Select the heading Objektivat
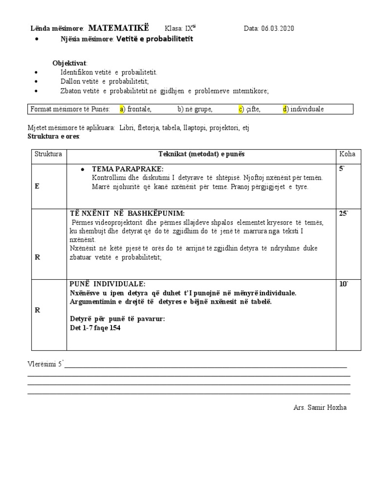tap(70, 63)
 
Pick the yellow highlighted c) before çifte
tap(241, 109)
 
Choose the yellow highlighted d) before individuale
tap(285, 109)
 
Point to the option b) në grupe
tap(195, 109)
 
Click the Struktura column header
tap(48, 154)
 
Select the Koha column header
tap(347, 154)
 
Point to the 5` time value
tap(342, 169)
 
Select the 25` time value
tap(343, 213)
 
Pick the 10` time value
tap(343, 284)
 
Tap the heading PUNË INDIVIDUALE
tap(108, 284)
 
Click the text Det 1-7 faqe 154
tap(95, 328)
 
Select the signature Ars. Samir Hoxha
tap(318, 407)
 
